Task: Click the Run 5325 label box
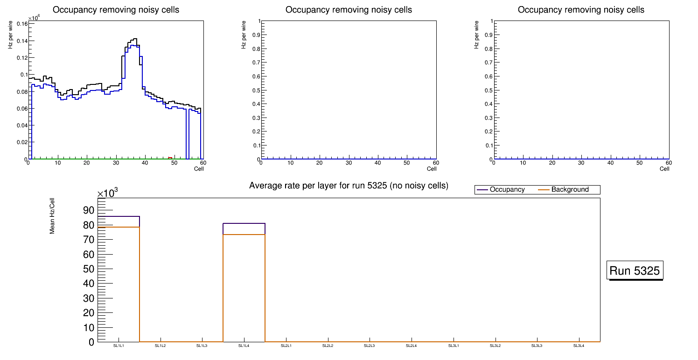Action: (x=635, y=270)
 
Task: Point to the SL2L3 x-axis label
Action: (x=370, y=346)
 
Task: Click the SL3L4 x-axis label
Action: (x=579, y=346)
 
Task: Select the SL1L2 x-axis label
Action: (x=161, y=346)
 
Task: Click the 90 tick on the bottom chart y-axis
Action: (x=88, y=210)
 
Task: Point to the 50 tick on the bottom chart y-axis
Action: (x=88, y=269)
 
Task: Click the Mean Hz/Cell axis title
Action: (x=52, y=215)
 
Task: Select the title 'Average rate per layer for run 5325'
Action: (x=349, y=186)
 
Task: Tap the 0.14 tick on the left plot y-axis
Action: (x=21, y=41)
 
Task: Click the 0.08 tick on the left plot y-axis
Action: (x=21, y=92)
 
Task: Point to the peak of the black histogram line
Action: (x=134, y=39)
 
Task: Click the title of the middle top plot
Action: (x=349, y=10)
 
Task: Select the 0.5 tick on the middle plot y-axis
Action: (x=254, y=90)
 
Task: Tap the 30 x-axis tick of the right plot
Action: (x=581, y=163)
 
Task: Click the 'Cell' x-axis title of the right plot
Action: (x=664, y=169)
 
